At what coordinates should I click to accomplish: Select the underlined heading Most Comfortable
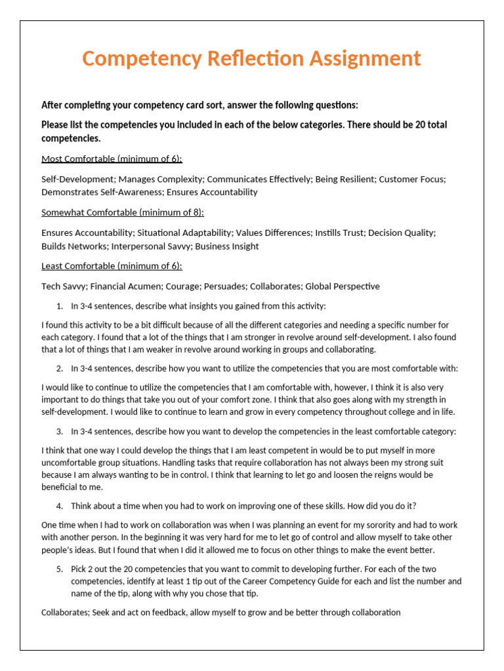pyautogui.click(x=112, y=159)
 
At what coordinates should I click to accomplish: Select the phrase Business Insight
pyautogui.click(x=227, y=246)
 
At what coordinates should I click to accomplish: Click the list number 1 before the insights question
pyautogui.click(x=59, y=306)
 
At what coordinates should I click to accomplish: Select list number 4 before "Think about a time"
pyautogui.click(x=59, y=506)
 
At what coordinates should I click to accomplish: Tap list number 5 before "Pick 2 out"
pyautogui.click(x=59, y=569)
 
